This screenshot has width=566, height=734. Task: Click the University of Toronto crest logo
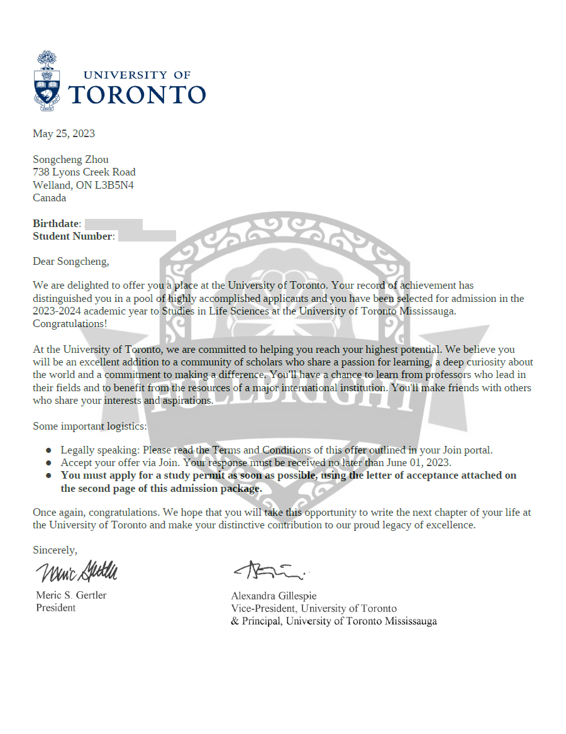pyautogui.click(x=47, y=81)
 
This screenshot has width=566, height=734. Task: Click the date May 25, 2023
pyautogui.click(x=64, y=133)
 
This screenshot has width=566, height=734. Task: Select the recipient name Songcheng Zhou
pyautogui.click(x=70, y=159)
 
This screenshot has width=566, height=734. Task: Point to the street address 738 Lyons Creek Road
pyautogui.click(x=84, y=172)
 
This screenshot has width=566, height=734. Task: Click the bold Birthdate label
pyautogui.click(x=57, y=224)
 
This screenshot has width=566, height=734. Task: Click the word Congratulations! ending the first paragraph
pyautogui.click(x=70, y=323)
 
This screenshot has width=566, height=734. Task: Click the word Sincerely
pyautogui.click(x=55, y=550)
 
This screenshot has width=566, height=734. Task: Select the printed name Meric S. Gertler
pyautogui.click(x=71, y=595)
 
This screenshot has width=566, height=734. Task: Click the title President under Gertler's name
pyautogui.click(x=55, y=608)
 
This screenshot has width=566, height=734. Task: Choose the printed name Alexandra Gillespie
pyautogui.click(x=274, y=596)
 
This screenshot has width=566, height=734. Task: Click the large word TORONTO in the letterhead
pyautogui.click(x=136, y=94)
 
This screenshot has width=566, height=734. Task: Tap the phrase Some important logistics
pyautogui.click(x=89, y=426)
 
